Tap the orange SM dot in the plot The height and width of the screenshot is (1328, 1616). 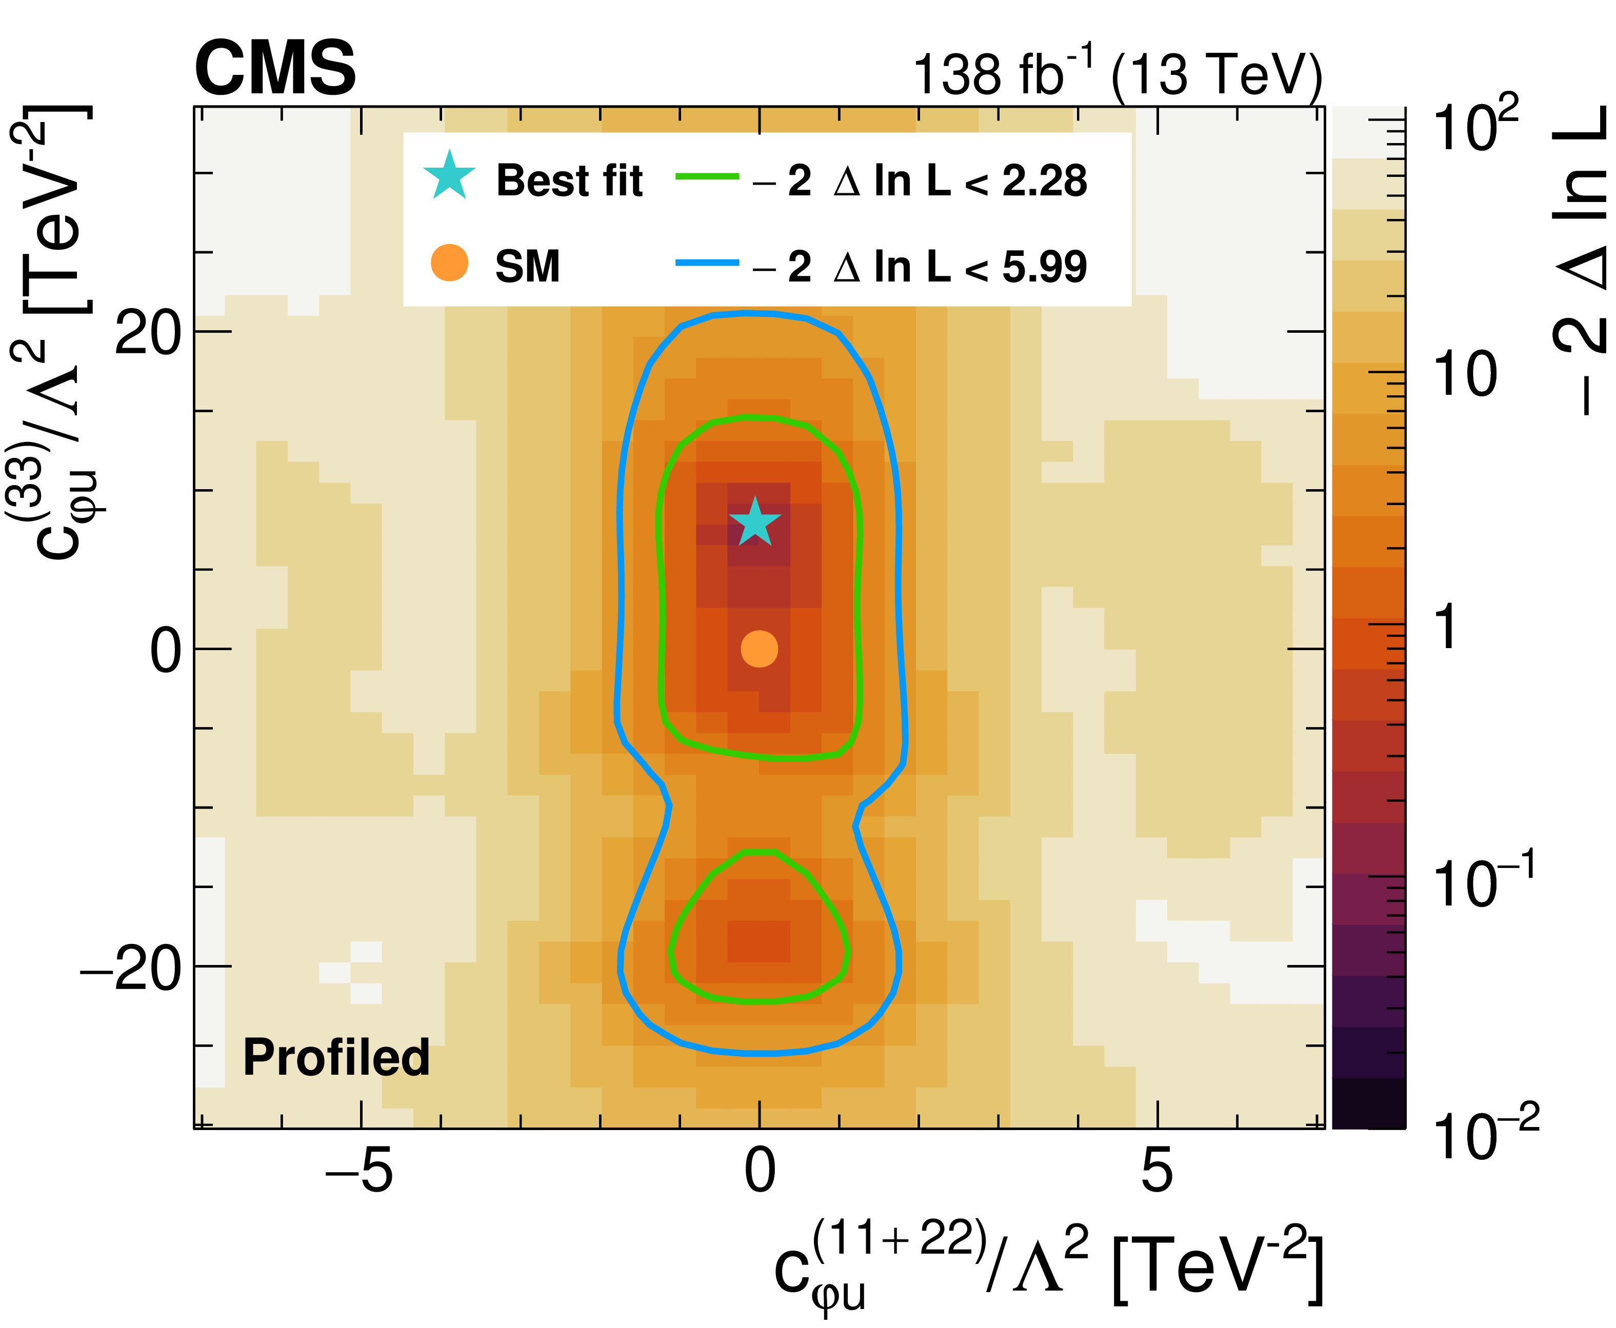[x=759, y=649]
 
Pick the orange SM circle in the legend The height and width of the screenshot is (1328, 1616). [x=449, y=263]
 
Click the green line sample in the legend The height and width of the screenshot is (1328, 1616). [x=707, y=177]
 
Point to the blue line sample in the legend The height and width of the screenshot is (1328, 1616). [x=707, y=263]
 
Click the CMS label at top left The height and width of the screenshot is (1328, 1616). [x=275, y=69]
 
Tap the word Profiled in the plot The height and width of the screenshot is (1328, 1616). [x=336, y=1057]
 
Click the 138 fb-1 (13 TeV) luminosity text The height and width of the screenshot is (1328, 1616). [x=1117, y=75]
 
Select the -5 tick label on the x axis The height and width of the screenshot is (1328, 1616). [x=360, y=1171]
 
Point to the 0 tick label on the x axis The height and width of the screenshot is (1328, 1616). [x=760, y=1171]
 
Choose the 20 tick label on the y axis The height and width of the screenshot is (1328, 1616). [x=148, y=333]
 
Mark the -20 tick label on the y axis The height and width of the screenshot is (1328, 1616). [x=134, y=969]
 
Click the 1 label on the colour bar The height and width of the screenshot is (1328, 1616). [x=1446, y=628]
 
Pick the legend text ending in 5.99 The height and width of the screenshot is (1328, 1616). [x=918, y=267]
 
